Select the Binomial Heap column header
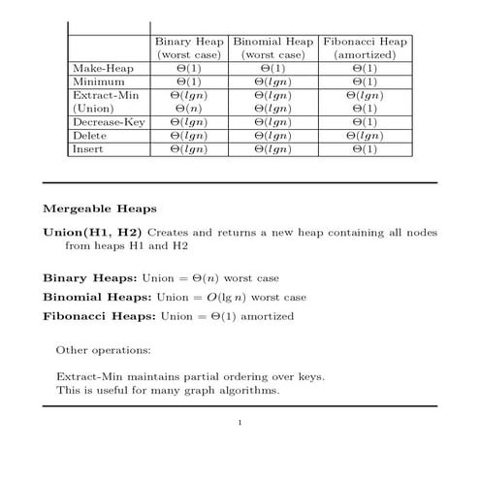[273, 43]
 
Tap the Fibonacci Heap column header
[364, 43]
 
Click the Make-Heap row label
[102, 69]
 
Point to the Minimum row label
[97, 82]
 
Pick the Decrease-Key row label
[108, 123]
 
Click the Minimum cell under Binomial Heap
[273, 82]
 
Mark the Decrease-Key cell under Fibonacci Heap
[364, 123]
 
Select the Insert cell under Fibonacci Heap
[364, 150]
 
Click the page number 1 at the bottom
[240, 422]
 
